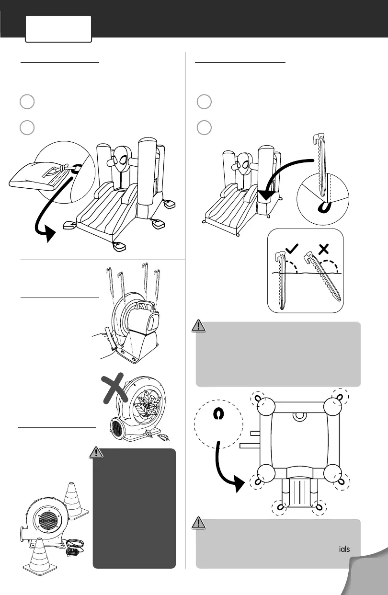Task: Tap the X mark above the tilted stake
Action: [324, 248]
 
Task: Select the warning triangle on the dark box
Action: [97, 452]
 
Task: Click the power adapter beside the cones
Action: [72, 551]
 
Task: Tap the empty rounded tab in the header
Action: [58, 29]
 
